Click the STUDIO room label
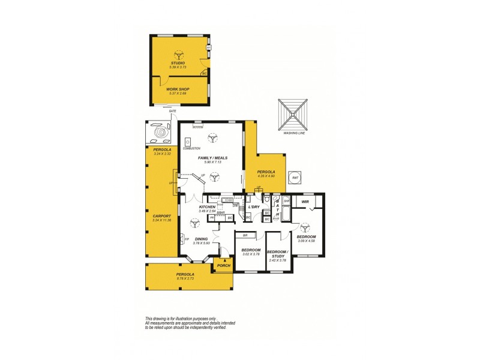177,62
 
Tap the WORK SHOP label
178,89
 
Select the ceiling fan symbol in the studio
178,53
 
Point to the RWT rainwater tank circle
295,178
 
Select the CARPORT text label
162,216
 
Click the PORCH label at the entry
224,265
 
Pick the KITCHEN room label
207,207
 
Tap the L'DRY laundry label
253,207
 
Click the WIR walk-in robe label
305,202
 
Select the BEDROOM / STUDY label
278,253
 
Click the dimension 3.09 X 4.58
307,241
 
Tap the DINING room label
201,239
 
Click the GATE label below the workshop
173,111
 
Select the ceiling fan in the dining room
194,224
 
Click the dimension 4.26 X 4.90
266,176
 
